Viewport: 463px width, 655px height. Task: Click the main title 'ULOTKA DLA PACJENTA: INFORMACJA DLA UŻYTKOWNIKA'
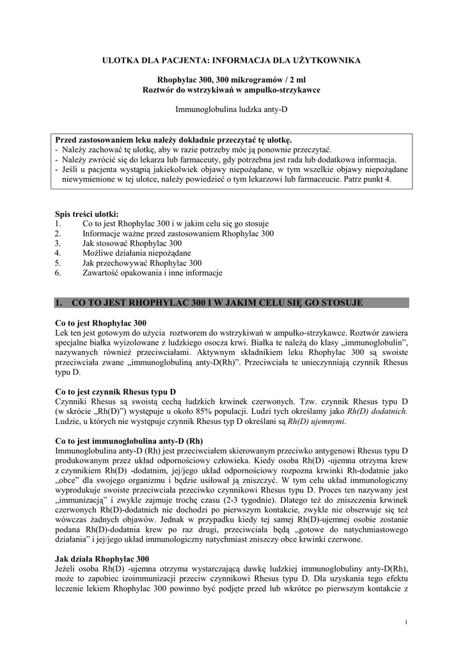231,60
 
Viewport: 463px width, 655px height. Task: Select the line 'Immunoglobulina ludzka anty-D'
231,109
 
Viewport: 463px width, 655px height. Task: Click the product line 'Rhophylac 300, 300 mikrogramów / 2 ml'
231,80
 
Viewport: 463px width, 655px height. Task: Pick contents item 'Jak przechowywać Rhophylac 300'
142,263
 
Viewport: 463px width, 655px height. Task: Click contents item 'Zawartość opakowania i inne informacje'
152,272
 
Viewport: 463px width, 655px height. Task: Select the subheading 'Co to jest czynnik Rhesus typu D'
116,391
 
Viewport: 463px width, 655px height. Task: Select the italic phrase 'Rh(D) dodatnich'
377,411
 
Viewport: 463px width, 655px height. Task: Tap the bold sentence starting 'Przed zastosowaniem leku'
174,139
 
